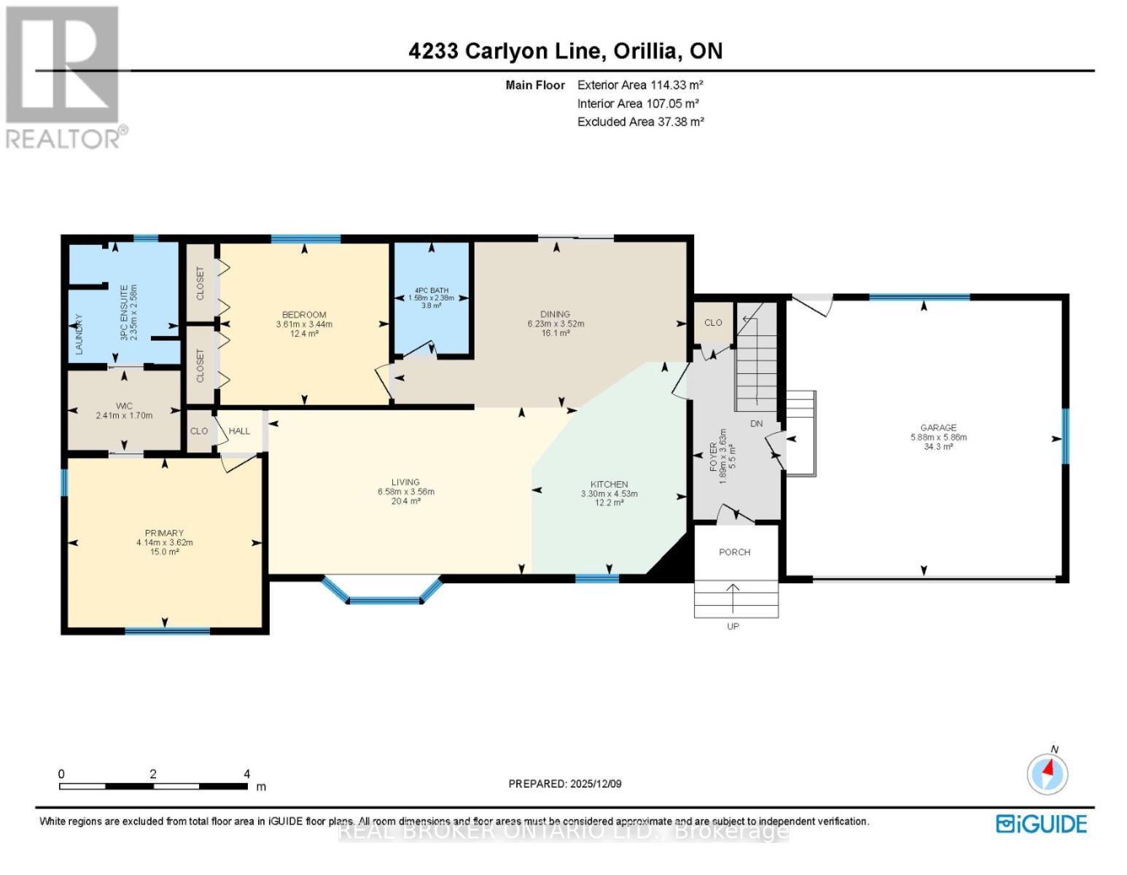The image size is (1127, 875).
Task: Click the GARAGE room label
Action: pos(937,428)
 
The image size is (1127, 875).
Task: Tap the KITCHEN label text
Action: pos(609,484)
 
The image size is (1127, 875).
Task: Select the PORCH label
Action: pos(734,552)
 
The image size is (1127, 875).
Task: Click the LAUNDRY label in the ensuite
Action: pos(79,335)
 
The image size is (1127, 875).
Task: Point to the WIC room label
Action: pos(124,405)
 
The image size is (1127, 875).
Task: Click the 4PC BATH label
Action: pos(431,290)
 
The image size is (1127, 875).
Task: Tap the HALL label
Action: pos(239,431)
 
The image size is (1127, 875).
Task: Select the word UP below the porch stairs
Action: pos(733,626)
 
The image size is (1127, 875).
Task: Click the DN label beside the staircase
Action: pos(756,424)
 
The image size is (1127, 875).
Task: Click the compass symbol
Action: pos(1048,773)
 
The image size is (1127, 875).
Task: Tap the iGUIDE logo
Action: pos(1041,824)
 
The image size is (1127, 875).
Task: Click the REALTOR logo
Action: pos(64,77)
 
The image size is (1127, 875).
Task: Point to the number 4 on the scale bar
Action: pos(247,774)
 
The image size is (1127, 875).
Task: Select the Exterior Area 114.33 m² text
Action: pos(640,85)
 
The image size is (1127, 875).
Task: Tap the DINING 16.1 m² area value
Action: pos(555,333)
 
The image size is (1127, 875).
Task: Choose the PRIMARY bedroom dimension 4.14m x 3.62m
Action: pos(164,542)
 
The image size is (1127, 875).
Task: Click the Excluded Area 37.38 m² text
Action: pos(640,122)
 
